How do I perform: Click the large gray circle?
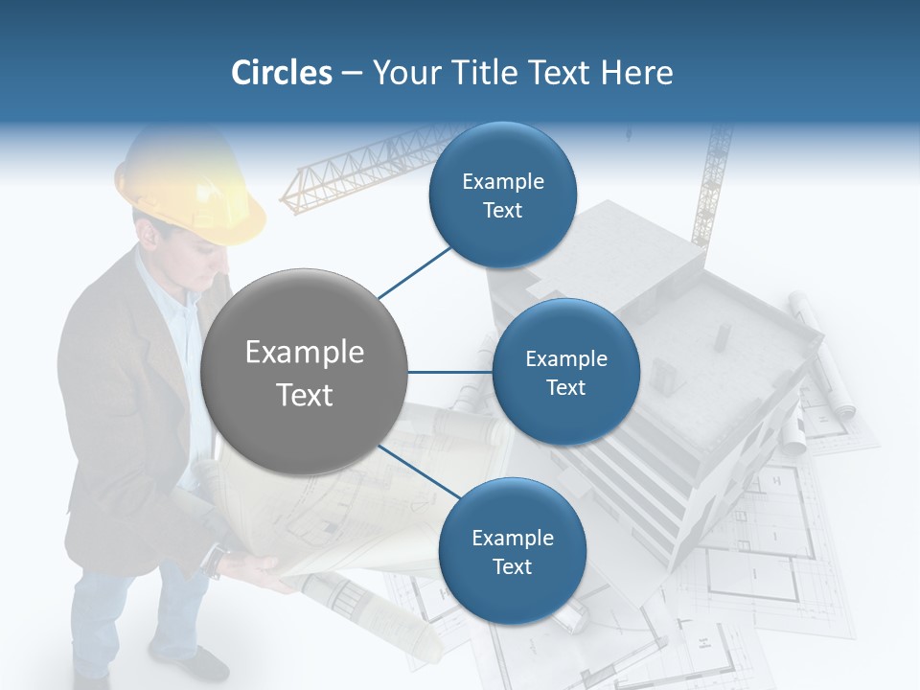click(x=304, y=372)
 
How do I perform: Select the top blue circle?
click(x=502, y=195)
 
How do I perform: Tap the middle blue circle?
click(x=565, y=372)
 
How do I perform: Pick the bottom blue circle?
click(x=512, y=551)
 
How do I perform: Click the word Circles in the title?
click(x=282, y=73)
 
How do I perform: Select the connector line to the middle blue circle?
click(x=449, y=372)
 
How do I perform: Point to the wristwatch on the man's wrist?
click(x=218, y=558)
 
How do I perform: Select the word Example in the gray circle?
click(x=304, y=353)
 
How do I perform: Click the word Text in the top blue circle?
click(x=502, y=211)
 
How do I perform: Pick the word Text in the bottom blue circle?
click(x=512, y=566)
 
